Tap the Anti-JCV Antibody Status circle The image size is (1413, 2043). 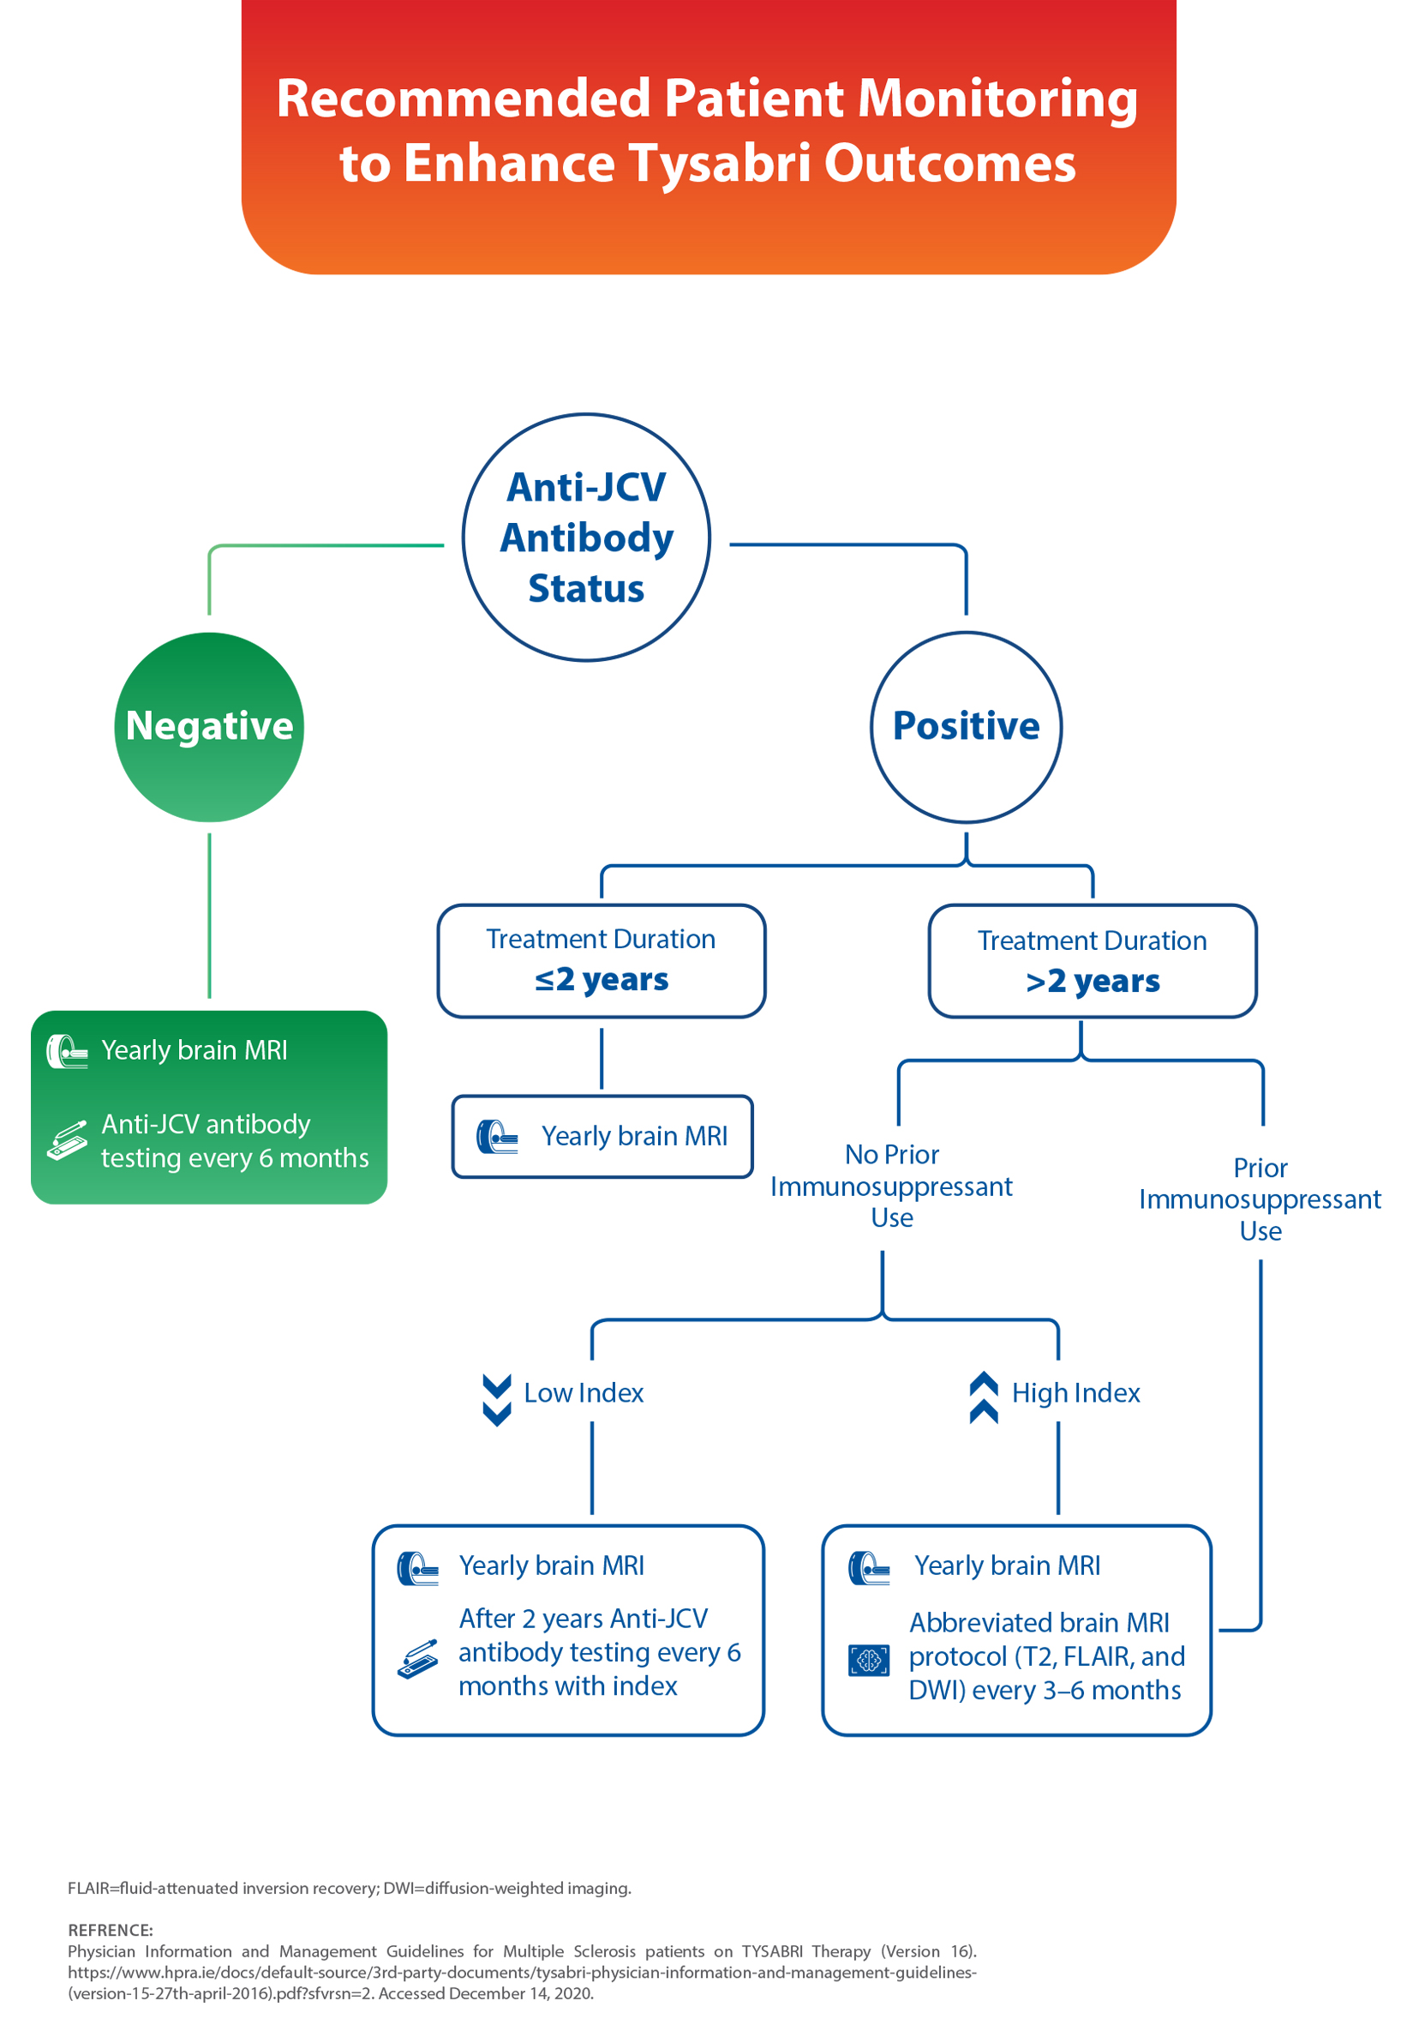tap(586, 538)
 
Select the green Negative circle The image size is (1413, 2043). tap(209, 726)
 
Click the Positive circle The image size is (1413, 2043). tap(966, 726)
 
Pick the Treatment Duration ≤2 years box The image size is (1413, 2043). tap(602, 961)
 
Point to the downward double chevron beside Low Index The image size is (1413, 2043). tap(497, 1400)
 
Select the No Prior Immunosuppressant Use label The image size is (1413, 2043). tap(891, 1186)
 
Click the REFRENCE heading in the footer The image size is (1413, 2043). tap(111, 1930)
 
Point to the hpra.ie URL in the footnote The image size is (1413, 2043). tap(523, 1972)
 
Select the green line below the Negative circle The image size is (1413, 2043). tap(209, 916)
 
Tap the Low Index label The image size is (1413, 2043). tap(584, 1393)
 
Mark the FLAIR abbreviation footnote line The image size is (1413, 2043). tap(350, 1887)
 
